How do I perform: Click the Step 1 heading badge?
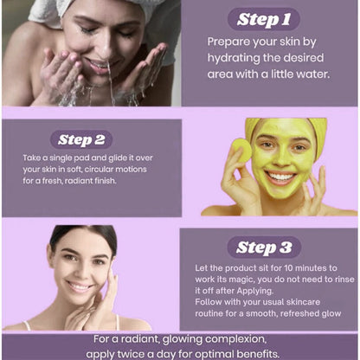point(263,19)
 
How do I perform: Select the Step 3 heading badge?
point(263,247)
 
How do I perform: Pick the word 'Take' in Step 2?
point(31,159)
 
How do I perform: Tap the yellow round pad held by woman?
point(241,151)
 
